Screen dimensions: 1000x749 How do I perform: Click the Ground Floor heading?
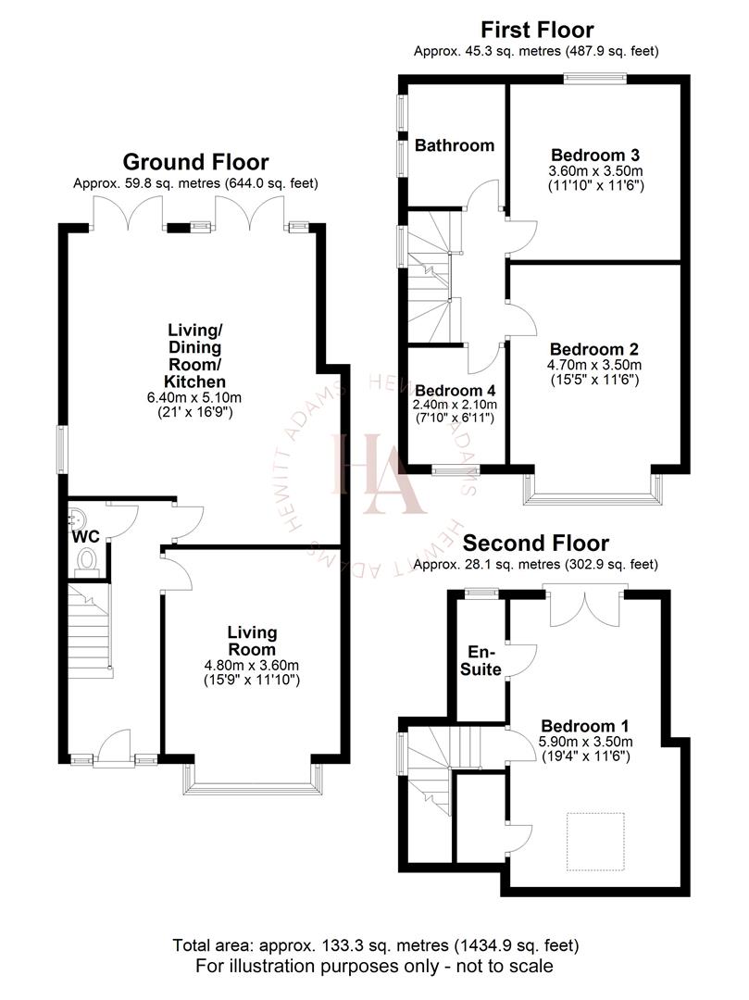(x=195, y=163)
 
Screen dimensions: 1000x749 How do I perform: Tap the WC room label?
(x=85, y=535)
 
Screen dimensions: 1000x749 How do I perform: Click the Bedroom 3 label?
(x=595, y=155)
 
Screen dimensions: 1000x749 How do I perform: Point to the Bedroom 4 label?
(x=456, y=390)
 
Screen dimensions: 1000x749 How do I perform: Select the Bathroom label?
(x=454, y=145)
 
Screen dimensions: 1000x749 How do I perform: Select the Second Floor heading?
(x=536, y=543)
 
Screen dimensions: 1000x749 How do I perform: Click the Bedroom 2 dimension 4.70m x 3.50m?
(x=594, y=365)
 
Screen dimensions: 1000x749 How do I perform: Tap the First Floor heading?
(x=536, y=31)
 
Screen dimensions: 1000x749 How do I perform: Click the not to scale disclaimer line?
(x=374, y=966)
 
